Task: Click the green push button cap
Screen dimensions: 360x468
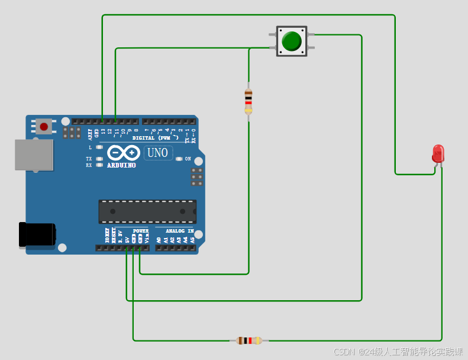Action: pos(292,41)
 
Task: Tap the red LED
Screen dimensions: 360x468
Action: pos(438,153)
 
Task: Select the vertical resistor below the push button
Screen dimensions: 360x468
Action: pos(248,101)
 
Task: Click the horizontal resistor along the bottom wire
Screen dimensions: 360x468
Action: pos(249,340)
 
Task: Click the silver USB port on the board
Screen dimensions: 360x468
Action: pos(34,155)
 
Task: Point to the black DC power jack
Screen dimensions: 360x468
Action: pos(37,234)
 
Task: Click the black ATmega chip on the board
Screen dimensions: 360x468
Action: pos(147,211)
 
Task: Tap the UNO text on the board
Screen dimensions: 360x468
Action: pos(158,153)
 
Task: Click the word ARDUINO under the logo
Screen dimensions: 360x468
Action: pos(121,165)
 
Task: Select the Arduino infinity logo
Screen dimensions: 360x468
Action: pos(123,153)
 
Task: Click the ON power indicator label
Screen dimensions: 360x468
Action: pos(188,159)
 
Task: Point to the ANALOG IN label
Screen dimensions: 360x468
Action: pos(179,231)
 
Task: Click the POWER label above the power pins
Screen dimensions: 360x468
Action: pos(141,231)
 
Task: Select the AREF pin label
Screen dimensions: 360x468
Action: pos(91,134)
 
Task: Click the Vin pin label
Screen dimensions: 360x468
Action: pos(147,239)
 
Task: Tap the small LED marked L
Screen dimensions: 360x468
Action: pos(99,147)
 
